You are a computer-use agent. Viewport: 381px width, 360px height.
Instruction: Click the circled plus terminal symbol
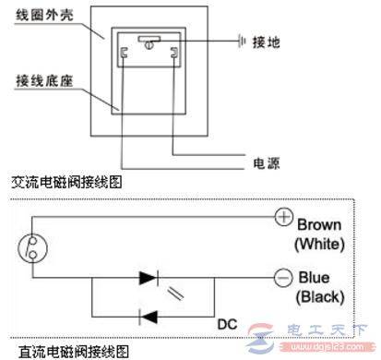point(282,218)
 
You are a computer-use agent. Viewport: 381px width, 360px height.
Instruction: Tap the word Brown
point(320,224)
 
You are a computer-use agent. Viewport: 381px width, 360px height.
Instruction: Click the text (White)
point(320,244)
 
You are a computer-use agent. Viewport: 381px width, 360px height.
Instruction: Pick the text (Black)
point(319,297)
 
